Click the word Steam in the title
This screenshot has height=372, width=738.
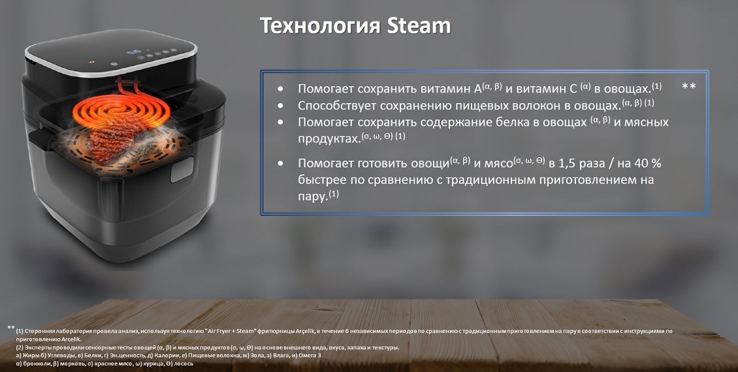coord(419,25)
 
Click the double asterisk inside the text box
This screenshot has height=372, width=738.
coord(688,87)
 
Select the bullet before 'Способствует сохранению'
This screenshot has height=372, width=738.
coord(281,105)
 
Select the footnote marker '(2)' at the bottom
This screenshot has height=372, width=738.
coord(20,348)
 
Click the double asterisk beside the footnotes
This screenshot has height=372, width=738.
coord(11,328)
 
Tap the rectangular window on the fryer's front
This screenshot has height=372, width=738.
coord(182,169)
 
